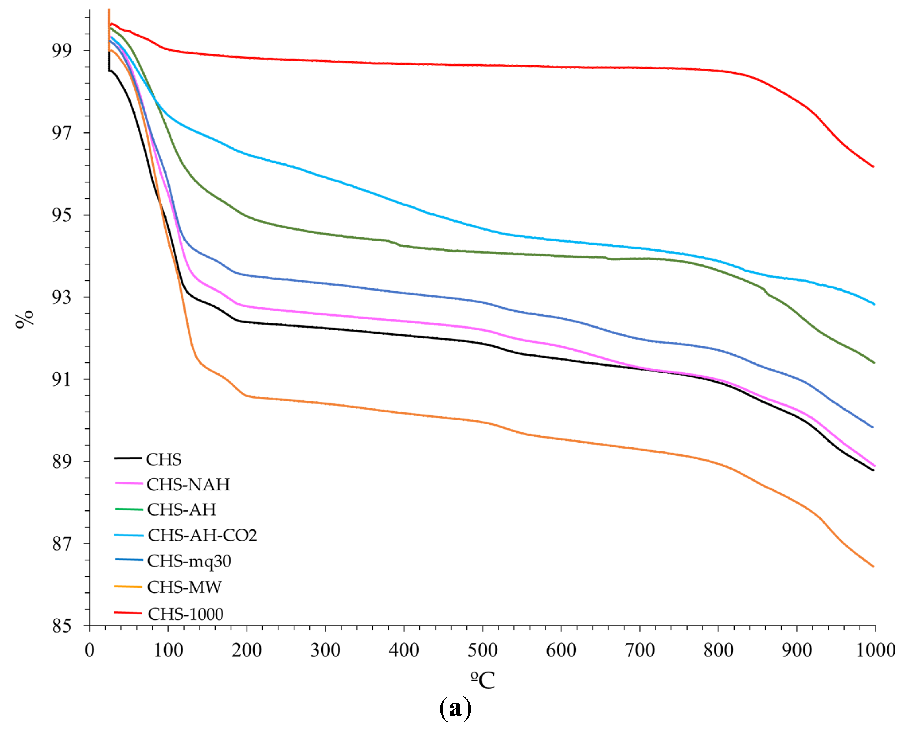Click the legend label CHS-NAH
188,485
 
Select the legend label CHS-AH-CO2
202,535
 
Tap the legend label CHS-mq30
189,561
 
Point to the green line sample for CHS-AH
129,510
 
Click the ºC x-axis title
483,680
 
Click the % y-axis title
24,319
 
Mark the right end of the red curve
874,167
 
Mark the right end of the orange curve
874,566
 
